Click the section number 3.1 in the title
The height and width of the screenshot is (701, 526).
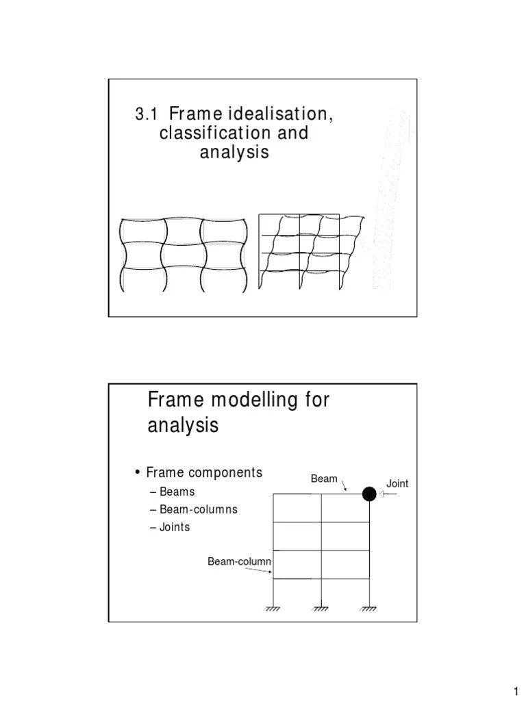coord(145,114)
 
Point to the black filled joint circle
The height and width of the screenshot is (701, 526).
coord(369,494)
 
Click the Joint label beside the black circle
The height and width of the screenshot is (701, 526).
coord(397,483)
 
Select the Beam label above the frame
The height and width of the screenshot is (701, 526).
coord(324,479)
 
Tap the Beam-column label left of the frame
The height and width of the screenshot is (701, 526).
coord(240,562)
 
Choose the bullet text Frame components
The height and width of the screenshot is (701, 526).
coord(203,472)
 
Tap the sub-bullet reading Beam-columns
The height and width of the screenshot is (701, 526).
coord(198,509)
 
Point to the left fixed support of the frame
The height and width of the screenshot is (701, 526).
coord(275,609)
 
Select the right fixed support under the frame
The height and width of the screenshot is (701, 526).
coord(369,609)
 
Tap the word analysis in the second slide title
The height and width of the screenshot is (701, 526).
coord(184,426)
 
